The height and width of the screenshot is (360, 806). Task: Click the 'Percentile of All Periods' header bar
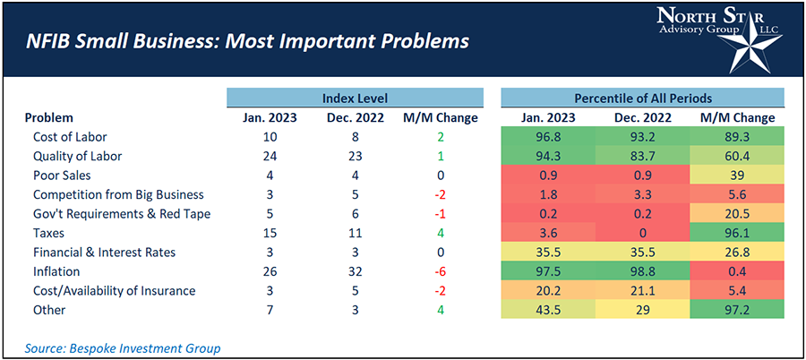pyautogui.click(x=642, y=98)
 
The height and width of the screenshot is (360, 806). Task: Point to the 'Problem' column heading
pyautogui.click(x=49, y=118)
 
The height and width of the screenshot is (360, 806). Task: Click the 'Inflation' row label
pyautogui.click(x=57, y=271)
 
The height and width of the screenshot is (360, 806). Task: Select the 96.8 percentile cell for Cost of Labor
pyautogui.click(x=545, y=137)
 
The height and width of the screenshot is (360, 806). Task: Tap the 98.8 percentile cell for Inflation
pyautogui.click(x=641, y=271)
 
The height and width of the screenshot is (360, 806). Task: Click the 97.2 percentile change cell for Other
pyautogui.click(x=736, y=310)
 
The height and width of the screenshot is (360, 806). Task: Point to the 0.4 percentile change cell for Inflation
pyautogui.click(x=736, y=271)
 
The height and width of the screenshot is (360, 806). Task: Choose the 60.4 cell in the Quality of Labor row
pyautogui.click(x=736, y=157)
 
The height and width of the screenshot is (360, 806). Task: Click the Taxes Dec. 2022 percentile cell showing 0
pyautogui.click(x=641, y=233)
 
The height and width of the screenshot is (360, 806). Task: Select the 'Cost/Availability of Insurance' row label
pyautogui.click(x=114, y=290)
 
